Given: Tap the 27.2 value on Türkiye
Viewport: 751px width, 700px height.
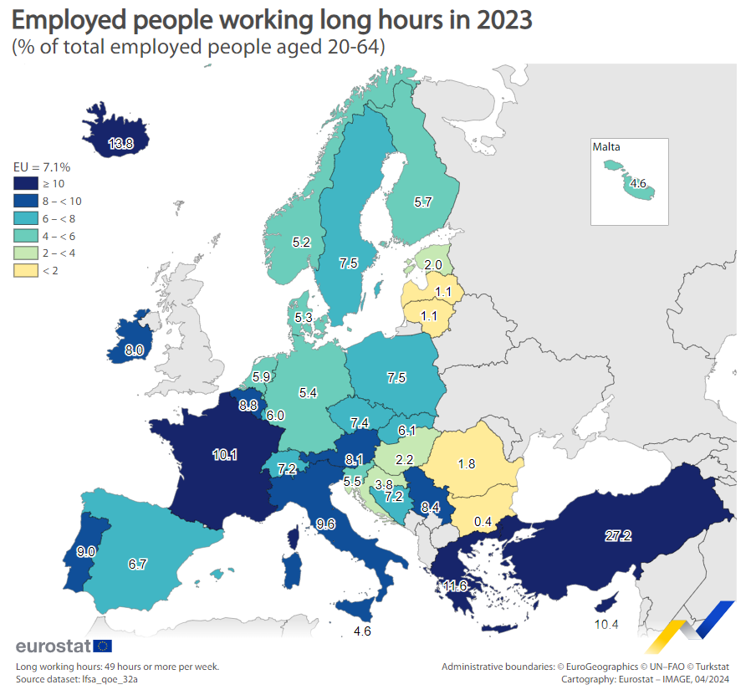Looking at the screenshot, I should point(617,536).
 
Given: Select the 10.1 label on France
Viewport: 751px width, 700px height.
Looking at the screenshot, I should point(225,455).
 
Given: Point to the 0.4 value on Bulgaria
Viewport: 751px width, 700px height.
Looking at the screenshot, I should point(483,522).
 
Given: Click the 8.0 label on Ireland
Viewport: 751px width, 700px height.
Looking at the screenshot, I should point(134,351).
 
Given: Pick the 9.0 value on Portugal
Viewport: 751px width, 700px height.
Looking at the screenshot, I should point(86,552).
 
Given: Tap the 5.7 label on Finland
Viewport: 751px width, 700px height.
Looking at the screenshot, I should point(423,202).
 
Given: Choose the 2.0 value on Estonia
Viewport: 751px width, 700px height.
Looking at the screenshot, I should point(433,265).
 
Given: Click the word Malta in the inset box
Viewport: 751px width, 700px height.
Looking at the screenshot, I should point(606,147).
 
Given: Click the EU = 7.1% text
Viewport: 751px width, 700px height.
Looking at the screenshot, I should point(41,166).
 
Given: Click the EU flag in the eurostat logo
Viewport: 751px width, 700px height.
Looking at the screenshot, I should point(103,646).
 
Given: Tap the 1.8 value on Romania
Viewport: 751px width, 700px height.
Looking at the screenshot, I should point(467,463).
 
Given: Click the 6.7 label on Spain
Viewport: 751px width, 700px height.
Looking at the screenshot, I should point(138,565).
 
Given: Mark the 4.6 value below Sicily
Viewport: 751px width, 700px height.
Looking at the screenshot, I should point(362,631).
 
